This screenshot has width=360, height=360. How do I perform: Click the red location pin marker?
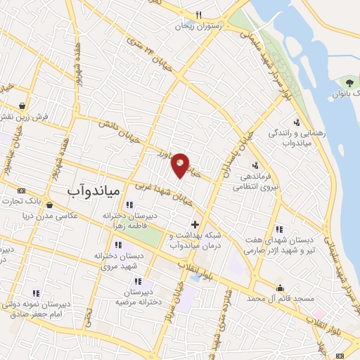(x=181, y=164)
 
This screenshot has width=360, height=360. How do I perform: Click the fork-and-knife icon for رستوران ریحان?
(x=199, y=15)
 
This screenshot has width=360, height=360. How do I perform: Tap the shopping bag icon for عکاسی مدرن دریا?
(x=49, y=205)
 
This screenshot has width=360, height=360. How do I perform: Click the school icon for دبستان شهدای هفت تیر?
(x=279, y=229)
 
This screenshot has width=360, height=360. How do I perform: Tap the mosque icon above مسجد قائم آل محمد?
(x=281, y=288)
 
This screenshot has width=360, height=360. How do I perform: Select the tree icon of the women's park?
(x=349, y=83)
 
